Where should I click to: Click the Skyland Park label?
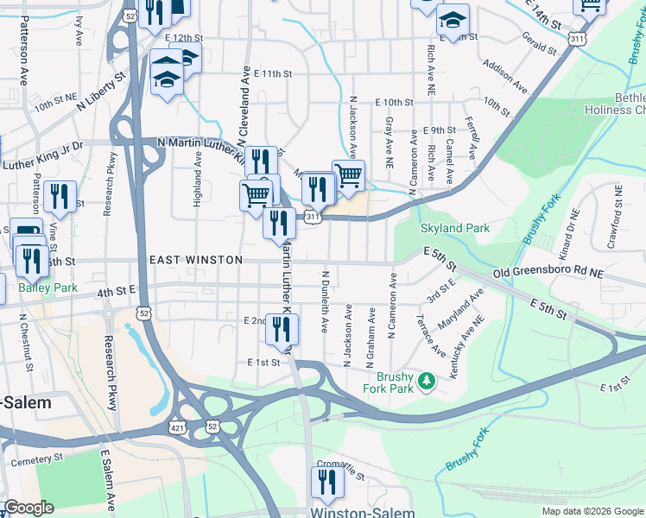[x=455, y=229]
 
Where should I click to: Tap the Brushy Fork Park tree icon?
[x=426, y=380]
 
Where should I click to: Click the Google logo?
[x=28, y=508]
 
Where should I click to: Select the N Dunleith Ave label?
[x=326, y=302]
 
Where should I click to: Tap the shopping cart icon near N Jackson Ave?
[x=348, y=176]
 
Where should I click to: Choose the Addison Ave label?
[x=505, y=76]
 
